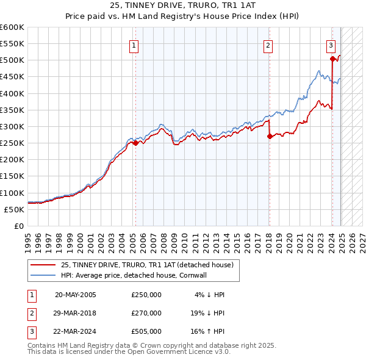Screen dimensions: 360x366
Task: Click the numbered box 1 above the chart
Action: point(134,44)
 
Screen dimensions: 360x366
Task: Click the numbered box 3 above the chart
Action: point(331,44)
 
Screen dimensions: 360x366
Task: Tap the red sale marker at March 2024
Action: point(332,59)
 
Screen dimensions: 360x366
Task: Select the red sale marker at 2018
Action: point(269,137)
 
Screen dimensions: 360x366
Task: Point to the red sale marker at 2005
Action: point(135,143)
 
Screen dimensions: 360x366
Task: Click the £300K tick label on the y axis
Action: point(12,126)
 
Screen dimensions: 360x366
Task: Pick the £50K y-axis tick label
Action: point(15,209)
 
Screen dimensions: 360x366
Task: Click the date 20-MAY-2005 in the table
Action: point(75,295)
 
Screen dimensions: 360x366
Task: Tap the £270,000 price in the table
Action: point(146,314)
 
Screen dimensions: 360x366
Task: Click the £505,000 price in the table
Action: point(146,333)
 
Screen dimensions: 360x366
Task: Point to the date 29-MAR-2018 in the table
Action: point(75,314)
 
